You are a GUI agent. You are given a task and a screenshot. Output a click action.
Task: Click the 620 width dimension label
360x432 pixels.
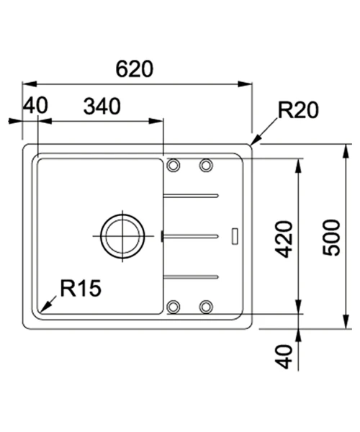point(135,69)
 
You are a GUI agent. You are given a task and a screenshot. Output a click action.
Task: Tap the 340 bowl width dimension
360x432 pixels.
point(102,107)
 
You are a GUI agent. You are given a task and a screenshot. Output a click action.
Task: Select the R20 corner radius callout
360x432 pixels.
point(298,110)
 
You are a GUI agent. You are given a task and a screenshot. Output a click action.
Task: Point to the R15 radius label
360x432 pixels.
point(81,288)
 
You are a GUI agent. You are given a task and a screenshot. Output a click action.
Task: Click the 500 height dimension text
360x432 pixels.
point(331,238)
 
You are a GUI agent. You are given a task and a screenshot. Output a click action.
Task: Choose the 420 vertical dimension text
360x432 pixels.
point(284,239)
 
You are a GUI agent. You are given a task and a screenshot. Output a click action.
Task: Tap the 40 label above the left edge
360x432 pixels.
point(35,105)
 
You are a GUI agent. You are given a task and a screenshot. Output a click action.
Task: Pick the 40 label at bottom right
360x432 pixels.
point(284,356)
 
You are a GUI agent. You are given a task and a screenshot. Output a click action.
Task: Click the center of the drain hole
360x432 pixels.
point(122,236)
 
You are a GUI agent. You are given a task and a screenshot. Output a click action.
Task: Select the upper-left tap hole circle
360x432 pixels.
point(174,166)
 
